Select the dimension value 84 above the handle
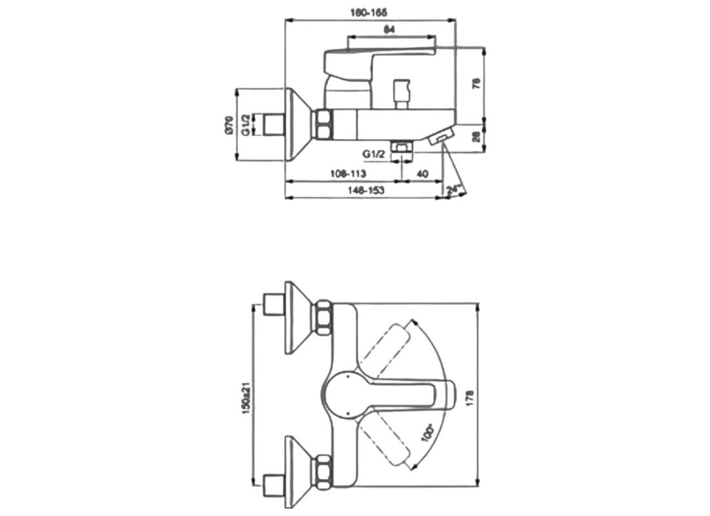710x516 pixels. (389, 29)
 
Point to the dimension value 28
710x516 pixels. (477, 136)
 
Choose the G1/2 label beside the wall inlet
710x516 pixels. (245, 124)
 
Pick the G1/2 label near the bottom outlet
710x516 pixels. (374, 154)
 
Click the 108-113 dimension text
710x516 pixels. (348, 174)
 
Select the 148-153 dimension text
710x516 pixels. (366, 191)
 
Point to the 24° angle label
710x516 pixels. (455, 190)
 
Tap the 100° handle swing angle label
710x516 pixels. (427, 432)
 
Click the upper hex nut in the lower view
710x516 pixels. (323, 317)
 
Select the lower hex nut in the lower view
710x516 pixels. (323, 471)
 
